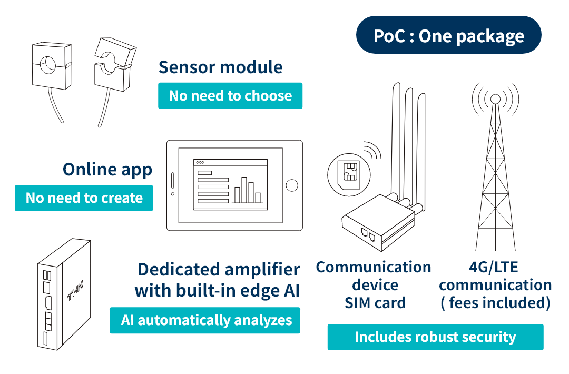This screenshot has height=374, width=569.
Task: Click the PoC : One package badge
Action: tap(448, 35)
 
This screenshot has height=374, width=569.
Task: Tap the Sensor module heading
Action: tap(220, 67)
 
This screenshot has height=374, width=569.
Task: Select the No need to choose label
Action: tap(230, 96)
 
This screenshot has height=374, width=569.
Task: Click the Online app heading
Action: tap(107, 169)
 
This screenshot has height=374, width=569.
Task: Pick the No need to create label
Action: tap(84, 198)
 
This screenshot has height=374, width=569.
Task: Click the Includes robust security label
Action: tap(435, 337)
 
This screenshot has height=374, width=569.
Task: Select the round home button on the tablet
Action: tap(291, 185)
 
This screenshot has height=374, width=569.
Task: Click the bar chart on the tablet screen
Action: tap(247, 189)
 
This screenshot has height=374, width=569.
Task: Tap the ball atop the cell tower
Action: tap(495, 98)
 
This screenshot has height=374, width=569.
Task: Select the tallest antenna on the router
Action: tap(396, 137)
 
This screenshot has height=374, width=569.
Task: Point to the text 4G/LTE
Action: tap(493, 267)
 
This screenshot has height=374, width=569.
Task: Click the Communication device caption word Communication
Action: tap(374, 267)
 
